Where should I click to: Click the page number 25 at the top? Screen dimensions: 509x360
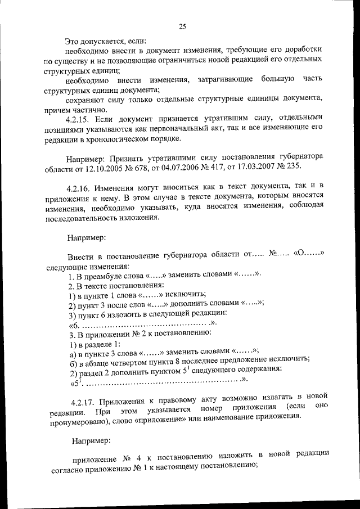183,25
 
